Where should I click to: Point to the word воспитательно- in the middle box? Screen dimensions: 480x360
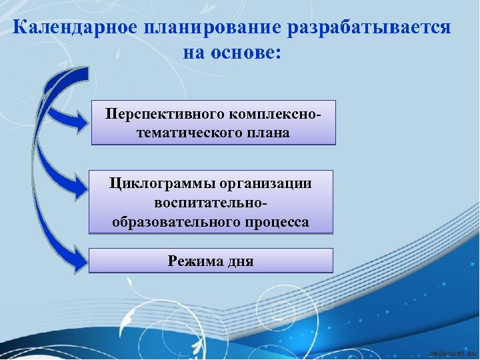click(x=210, y=202)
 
